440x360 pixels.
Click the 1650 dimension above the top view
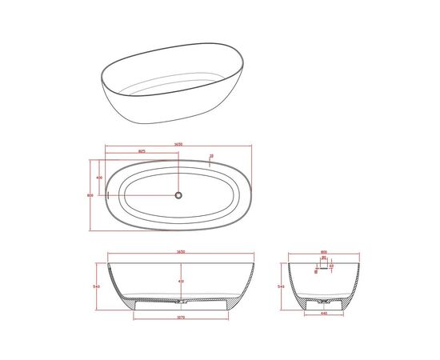(177, 144)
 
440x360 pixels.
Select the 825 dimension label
(142, 150)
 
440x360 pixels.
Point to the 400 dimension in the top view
(99, 177)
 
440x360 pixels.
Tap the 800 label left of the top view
(90, 194)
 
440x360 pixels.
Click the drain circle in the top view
(178, 194)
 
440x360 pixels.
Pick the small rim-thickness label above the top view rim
(210, 156)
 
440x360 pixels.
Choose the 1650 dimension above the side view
(182, 253)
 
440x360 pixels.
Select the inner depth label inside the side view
(181, 280)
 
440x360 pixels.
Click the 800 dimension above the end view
(324, 253)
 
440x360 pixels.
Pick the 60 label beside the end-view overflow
(331, 266)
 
